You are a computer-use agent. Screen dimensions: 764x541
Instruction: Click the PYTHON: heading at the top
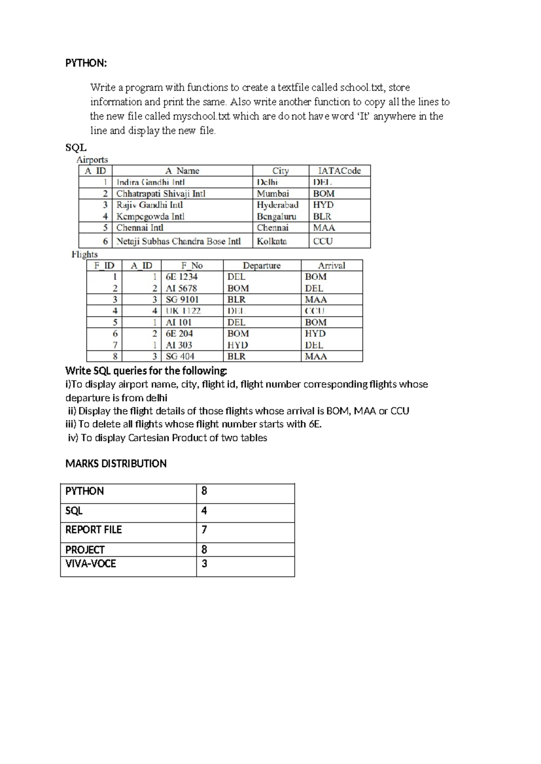click(86, 63)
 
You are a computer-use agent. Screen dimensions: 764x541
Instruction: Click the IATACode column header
click(339, 171)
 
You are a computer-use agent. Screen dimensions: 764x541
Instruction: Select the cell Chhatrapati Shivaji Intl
click(160, 194)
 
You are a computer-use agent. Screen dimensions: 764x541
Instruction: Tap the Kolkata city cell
click(272, 241)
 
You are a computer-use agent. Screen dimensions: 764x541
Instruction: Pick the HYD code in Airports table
click(323, 205)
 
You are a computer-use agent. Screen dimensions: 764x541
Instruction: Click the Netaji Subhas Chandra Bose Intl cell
click(179, 241)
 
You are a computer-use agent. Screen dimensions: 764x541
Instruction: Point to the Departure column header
click(261, 266)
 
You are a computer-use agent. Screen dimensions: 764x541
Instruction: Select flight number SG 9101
click(182, 300)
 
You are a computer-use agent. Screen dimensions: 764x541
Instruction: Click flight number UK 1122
click(183, 311)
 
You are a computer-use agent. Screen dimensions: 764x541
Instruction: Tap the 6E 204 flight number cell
click(179, 334)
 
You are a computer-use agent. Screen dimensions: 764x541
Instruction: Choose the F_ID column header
click(104, 266)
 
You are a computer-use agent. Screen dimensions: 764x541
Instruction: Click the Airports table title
click(92, 160)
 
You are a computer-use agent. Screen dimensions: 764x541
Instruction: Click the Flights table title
click(84, 255)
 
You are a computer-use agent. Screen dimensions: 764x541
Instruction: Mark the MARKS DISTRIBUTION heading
click(116, 464)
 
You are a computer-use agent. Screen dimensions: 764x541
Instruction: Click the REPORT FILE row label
click(93, 530)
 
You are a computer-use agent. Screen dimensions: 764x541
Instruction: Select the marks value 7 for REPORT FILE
click(204, 530)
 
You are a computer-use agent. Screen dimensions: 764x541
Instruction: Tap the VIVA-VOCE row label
click(91, 564)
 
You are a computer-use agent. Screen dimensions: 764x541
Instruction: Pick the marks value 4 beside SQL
click(204, 511)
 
